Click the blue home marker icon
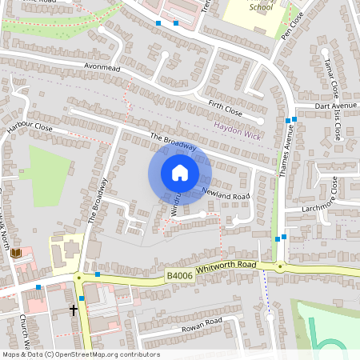point(180,173)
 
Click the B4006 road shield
point(178,276)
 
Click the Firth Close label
point(225,107)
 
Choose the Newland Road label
point(226,196)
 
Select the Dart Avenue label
point(335,106)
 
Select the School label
point(261,6)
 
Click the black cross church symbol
point(74,309)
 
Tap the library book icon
point(16,254)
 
